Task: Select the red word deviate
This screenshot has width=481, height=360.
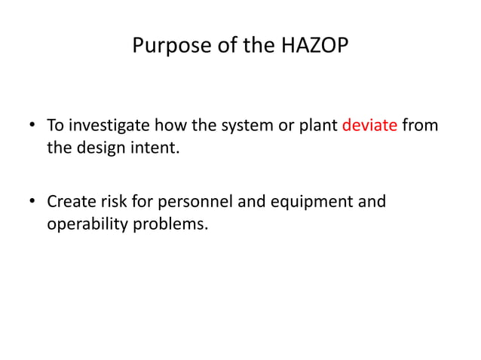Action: pyautogui.click(x=369, y=125)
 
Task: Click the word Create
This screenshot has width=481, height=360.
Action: pyautogui.click(x=70, y=202)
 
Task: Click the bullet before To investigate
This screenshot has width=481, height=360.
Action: pyautogui.click(x=33, y=126)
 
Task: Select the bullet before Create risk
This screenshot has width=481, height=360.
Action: pyautogui.click(x=33, y=203)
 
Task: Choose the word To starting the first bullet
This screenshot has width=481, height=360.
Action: pyautogui.click(x=55, y=125)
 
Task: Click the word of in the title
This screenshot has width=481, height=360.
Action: pyautogui.click(x=210, y=47)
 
